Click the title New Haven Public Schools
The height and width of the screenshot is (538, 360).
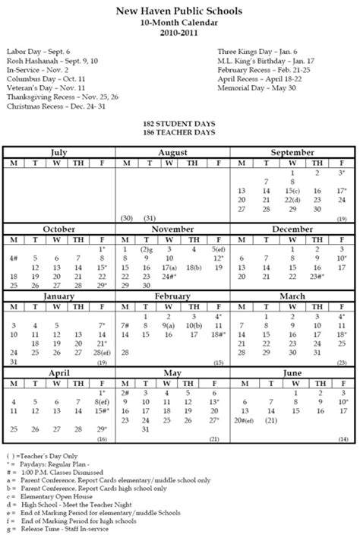click(179, 11)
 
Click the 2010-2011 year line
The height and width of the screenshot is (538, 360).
click(179, 33)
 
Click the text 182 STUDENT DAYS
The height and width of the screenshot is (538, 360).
click(180, 123)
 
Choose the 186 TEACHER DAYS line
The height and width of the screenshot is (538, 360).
click(180, 132)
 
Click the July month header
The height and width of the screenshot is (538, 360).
click(58, 153)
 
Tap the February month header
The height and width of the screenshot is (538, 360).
click(173, 296)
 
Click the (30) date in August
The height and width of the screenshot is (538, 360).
click(126, 218)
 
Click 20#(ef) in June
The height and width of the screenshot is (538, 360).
click(247, 419)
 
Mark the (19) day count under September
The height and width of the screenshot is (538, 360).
click(343, 218)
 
